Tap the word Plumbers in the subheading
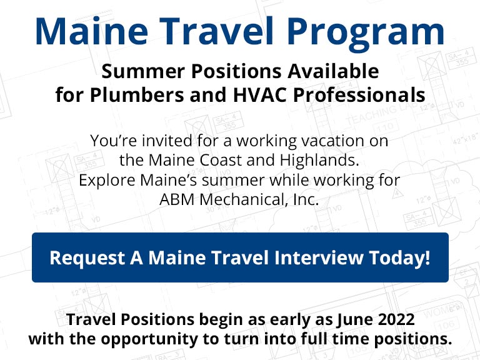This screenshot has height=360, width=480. click(137, 94)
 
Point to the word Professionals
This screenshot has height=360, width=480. click(359, 94)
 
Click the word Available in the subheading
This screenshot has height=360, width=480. click(333, 71)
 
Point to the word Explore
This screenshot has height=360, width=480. click(107, 180)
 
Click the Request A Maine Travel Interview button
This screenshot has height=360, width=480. click(240, 257)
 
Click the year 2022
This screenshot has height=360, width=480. click(396, 319)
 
